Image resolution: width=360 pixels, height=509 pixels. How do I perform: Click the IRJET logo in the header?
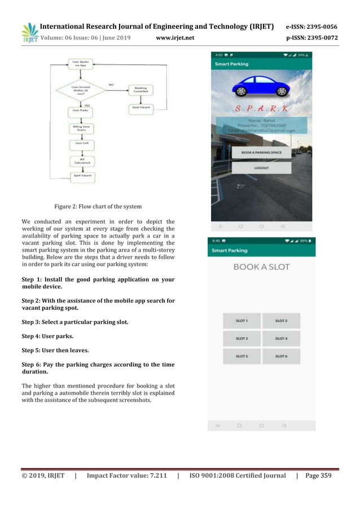pyautogui.click(x=29, y=33)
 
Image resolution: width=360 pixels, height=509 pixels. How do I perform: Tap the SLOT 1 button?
pyautogui.click(x=242, y=321)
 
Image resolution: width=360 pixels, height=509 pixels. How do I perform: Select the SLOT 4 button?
pyautogui.click(x=281, y=339)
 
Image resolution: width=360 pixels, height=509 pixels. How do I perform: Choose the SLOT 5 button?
pyautogui.click(x=242, y=357)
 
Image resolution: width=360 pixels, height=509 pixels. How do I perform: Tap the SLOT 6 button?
pyautogui.click(x=281, y=357)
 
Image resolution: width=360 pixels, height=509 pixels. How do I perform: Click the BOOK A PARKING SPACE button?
pyautogui.click(x=261, y=152)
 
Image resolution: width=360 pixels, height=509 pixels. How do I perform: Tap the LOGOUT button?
pyautogui.click(x=261, y=168)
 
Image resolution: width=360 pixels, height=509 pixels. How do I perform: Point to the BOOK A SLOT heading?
pyautogui.click(x=261, y=267)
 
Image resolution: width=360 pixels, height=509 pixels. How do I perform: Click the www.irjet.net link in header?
pyautogui.click(x=175, y=38)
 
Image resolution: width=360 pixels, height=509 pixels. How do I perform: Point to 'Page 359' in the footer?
pyautogui.click(x=318, y=476)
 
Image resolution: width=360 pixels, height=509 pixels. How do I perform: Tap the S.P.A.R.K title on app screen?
pyautogui.click(x=261, y=107)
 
